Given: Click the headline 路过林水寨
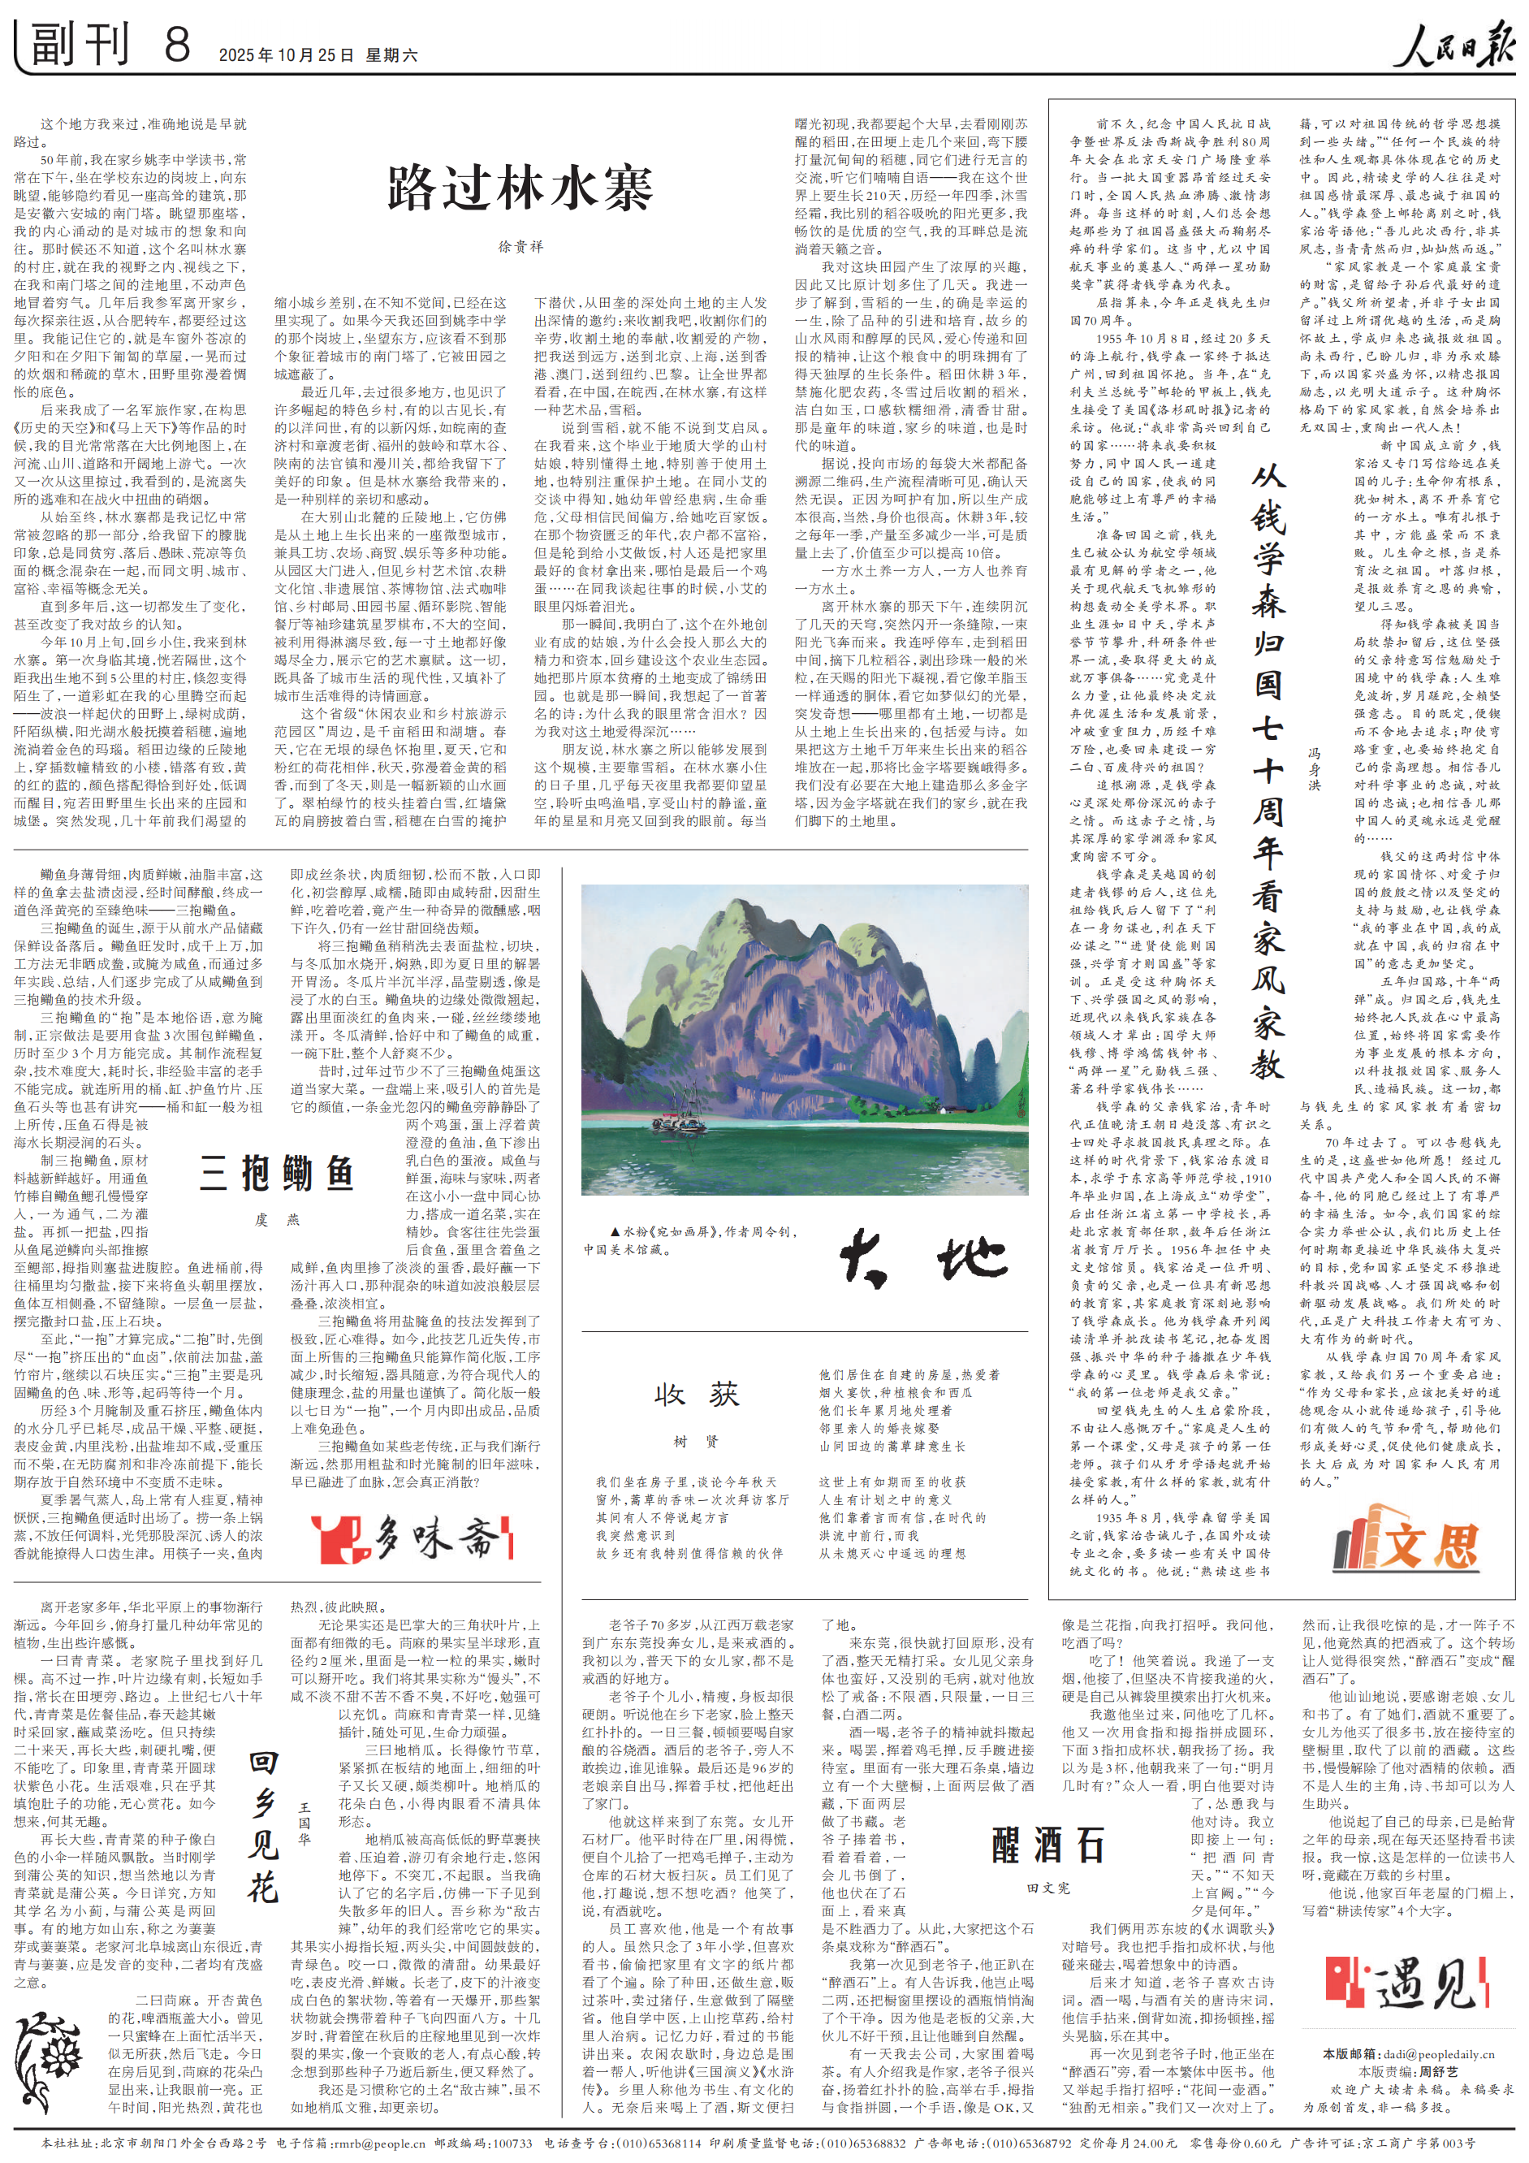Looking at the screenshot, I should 519,188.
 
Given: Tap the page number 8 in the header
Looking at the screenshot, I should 176,45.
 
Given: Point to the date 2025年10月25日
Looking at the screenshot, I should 287,55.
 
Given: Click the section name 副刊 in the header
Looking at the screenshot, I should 80,45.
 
